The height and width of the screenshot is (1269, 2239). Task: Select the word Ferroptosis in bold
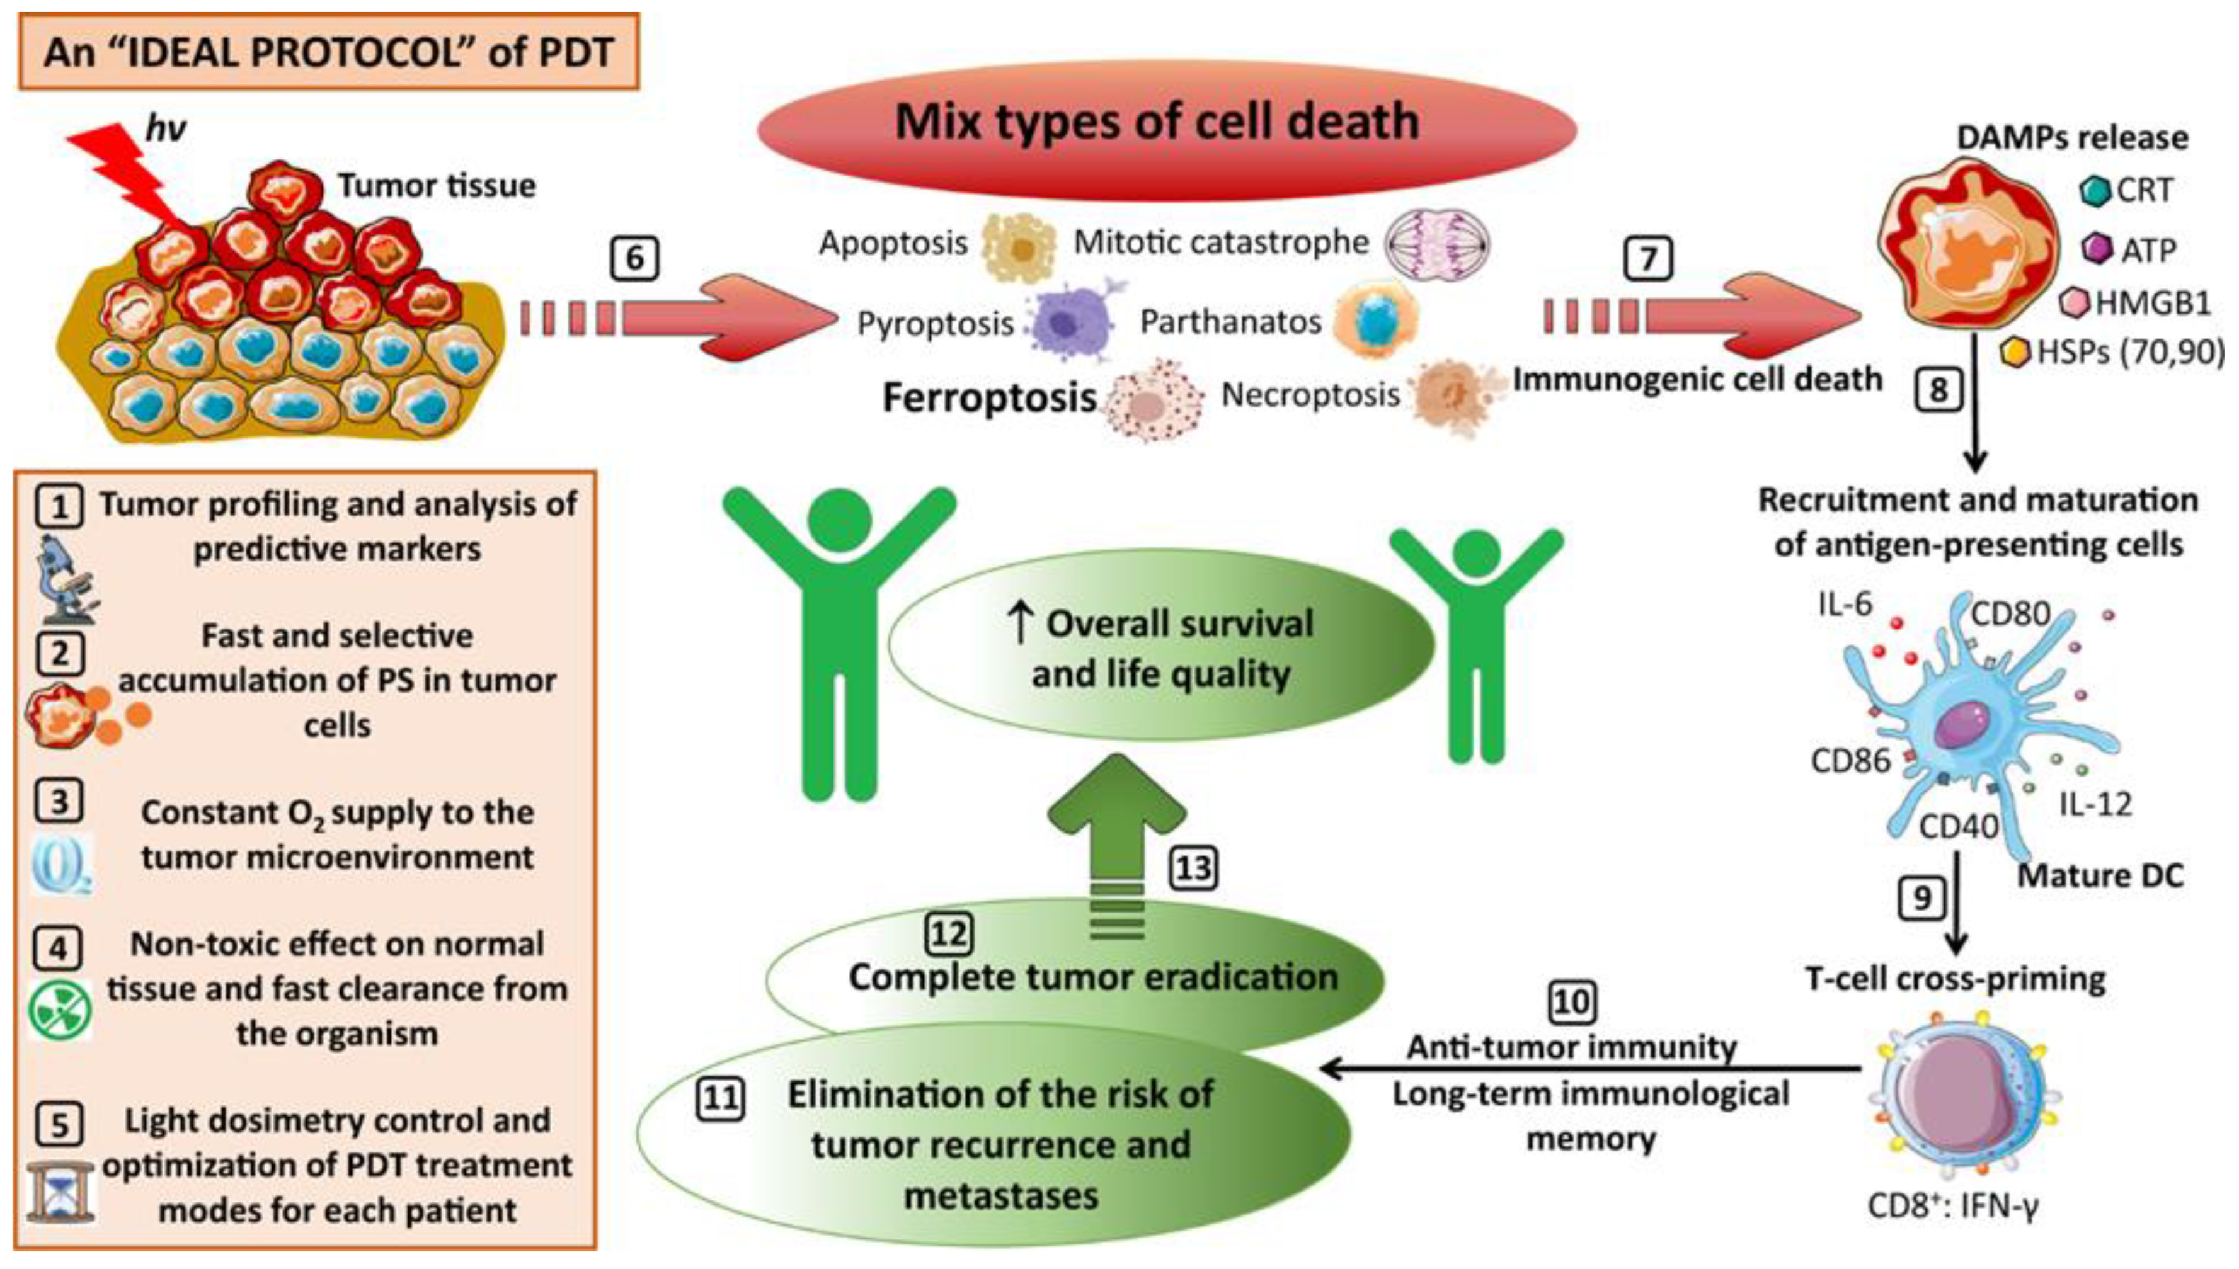tap(988, 397)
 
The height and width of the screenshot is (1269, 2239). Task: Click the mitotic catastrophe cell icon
tap(1437, 244)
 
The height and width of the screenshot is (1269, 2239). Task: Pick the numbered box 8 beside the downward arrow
tap(1938, 390)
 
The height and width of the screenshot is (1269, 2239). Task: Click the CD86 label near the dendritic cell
tap(1850, 761)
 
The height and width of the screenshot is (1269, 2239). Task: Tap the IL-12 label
tap(2095, 804)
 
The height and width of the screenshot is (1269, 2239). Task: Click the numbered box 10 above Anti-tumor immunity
tap(1572, 1003)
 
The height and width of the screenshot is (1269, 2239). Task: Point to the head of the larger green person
tap(840, 522)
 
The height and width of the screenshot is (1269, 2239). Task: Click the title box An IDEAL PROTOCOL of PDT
tap(329, 52)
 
